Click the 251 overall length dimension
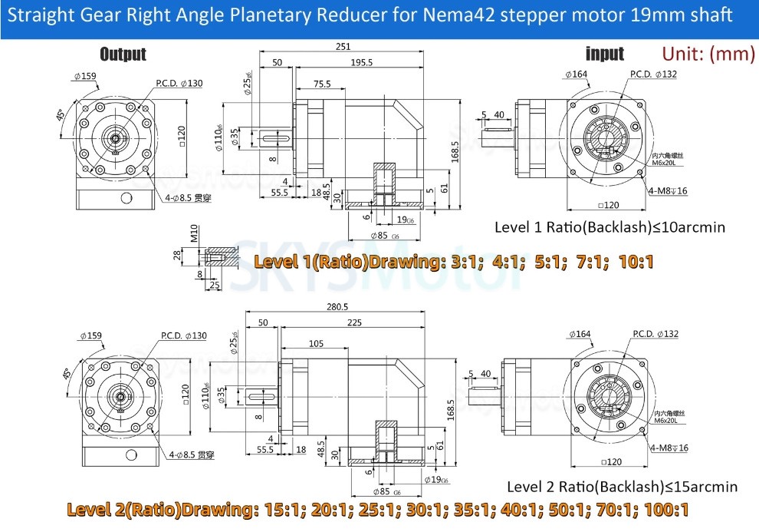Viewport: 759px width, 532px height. [343, 47]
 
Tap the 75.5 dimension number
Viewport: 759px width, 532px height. [322, 84]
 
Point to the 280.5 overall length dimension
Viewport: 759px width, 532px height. [334, 307]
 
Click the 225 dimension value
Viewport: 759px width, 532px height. [353, 323]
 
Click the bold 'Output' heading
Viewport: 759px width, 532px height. [123, 54]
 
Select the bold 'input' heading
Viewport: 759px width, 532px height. [604, 54]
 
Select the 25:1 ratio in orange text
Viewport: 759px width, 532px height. [366, 510]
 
